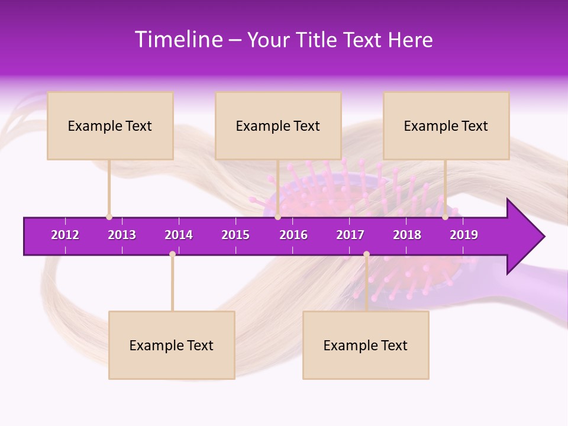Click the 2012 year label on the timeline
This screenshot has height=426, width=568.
(65, 235)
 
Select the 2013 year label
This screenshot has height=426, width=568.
(122, 235)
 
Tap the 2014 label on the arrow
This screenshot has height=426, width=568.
(179, 235)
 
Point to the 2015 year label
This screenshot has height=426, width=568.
(235, 235)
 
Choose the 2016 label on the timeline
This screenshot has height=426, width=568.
(293, 235)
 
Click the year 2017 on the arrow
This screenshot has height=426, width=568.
(350, 235)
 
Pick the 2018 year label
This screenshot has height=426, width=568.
(407, 235)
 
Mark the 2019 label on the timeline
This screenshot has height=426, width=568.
(464, 235)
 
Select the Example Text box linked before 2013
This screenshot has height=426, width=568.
(110, 125)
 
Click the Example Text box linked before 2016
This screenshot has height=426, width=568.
(278, 125)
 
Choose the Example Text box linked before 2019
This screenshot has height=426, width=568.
(446, 125)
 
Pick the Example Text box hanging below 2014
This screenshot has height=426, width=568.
(172, 345)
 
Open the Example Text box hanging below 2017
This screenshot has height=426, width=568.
(366, 345)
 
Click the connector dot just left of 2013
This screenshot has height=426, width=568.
(109, 217)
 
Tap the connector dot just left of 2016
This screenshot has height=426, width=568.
(277, 217)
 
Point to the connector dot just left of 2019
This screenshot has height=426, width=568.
(445, 217)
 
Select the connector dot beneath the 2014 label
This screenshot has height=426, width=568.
(172, 254)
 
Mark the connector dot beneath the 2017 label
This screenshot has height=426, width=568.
(366, 254)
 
